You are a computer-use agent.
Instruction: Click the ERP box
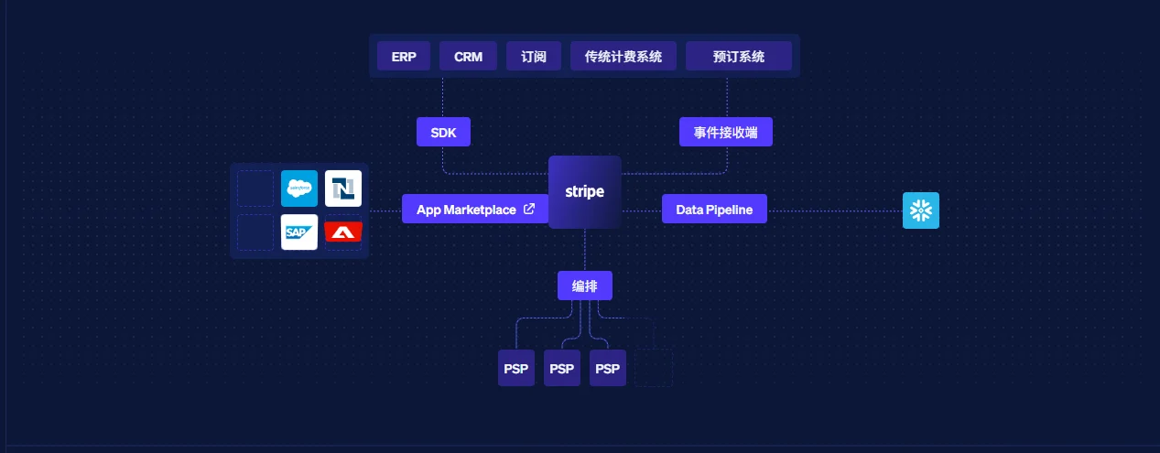(x=404, y=56)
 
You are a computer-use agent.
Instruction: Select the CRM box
(x=468, y=56)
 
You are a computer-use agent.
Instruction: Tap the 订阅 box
(x=534, y=56)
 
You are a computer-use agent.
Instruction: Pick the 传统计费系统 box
(x=623, y=56)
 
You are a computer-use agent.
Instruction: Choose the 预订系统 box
(x=739, y=56)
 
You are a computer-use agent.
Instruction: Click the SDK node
(x=443, y=132)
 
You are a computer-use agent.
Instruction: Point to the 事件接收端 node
(x=725, y=132)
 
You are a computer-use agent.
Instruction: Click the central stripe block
(x=585, y=192)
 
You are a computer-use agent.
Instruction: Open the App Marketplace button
(x=475, y=210)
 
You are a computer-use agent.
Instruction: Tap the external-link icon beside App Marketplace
(x=529, y=209)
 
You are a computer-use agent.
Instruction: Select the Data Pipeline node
(x=714, y=210)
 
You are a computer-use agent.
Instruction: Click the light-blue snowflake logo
(x=921, y=210)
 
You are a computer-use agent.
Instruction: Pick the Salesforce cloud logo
(x=299, y=189)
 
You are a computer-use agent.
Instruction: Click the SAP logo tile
(x=299, y=232)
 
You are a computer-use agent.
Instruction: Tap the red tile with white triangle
(x=343, y=232)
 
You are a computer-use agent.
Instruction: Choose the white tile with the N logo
(x=343, y=189)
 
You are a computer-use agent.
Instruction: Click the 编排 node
(x=585, y=286)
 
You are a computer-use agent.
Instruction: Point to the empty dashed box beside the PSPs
(x=654, y=368)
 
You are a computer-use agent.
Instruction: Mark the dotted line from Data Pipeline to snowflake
(x=835, y=210)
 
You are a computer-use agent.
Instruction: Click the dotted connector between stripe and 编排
(x=585, y=250)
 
